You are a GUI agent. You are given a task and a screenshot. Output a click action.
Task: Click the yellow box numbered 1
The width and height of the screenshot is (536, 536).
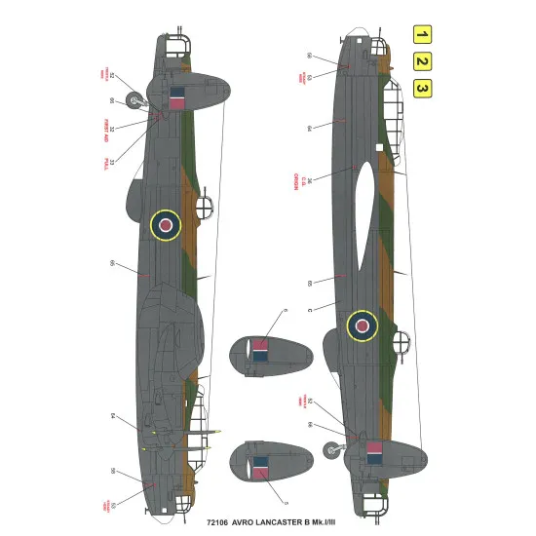pyautogui.click(x=422, y=37)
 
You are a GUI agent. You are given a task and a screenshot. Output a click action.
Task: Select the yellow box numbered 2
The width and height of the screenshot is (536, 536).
pyautogui.click(x=422, y=62)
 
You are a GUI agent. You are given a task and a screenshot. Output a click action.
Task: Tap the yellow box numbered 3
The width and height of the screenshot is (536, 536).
pyautogui.click(x=422, y=89)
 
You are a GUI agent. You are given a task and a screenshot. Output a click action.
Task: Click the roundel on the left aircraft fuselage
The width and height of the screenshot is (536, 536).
pyautogui.click(x=167, y=226)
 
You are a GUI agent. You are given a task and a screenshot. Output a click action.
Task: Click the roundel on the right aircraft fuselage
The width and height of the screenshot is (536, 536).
pyautogui.click(x=364, y=325)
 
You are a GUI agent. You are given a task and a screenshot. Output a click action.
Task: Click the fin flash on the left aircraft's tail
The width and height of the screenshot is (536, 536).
pyautogui.click(x=176, y=98)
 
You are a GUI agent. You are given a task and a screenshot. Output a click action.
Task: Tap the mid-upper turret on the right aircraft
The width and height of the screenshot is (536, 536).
pyautogui.click(x=400, y=343)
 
